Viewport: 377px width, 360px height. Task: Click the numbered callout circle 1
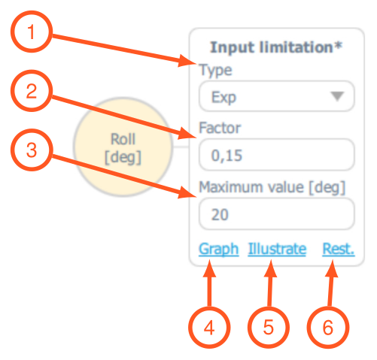pos(32,32)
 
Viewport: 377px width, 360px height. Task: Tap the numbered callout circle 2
pos(32,91)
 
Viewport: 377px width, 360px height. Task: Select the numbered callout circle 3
pos(32,150)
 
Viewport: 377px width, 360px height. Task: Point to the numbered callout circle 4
pos(209,328)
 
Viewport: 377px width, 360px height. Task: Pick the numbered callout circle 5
pos(269,328)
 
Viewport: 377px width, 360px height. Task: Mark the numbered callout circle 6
pos(328,328)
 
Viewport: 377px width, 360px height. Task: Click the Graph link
pos(218,250)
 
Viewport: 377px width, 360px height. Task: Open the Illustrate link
pos(277,249)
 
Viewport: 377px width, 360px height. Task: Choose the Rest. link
pos(339,249)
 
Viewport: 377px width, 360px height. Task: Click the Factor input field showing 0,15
pos(277,155)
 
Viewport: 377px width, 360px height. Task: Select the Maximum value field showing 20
pos(277,213)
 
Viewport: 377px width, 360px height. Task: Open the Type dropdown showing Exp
pos(277,96)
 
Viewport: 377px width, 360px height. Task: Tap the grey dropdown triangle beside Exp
pos(337,96)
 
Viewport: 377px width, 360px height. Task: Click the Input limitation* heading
pos(276,47)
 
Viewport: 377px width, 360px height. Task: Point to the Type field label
pos(215,71)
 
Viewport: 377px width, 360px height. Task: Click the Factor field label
pos(220,128)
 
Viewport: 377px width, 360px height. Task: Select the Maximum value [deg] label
pos(272,187)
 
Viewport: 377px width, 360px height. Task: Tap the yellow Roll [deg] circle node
pos(123,147)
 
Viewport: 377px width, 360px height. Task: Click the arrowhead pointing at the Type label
pos(187,61)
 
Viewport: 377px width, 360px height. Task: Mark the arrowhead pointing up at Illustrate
pos(270,268)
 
